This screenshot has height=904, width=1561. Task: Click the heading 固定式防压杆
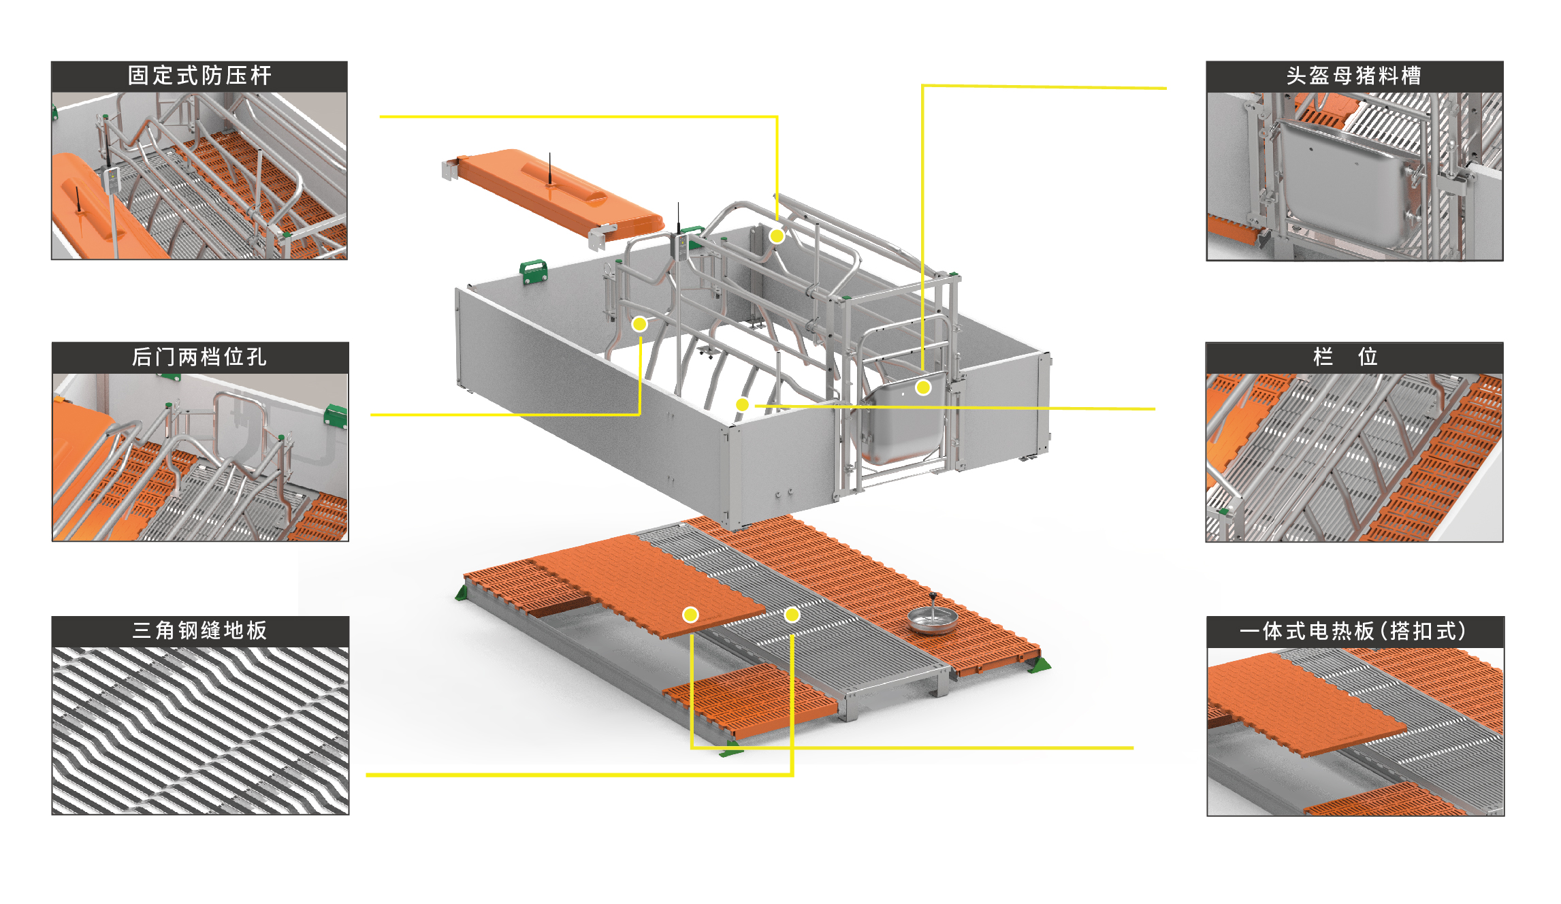(199, 76)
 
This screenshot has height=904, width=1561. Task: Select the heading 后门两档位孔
(199, 357)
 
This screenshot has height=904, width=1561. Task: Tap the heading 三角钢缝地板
(199, 630)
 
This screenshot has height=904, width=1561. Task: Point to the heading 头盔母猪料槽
(1354, 76)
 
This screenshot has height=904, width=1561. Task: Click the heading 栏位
(1345, 356)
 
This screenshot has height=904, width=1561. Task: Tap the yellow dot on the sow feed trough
(923, 387)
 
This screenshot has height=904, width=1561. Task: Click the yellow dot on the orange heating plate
(690, 615)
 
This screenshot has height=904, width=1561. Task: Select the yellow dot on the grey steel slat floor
(792, 615)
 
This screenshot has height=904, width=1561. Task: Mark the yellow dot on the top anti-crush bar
(777, 236)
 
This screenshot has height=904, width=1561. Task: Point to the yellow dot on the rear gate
(639, 323)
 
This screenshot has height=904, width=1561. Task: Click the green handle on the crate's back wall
(534, 271)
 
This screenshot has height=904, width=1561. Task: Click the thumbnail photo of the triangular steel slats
(200, 730)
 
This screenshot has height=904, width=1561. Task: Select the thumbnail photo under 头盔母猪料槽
(1355, 176)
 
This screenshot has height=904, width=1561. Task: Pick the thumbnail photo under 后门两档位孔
(200, 457)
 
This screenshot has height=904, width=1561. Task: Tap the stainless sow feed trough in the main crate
(904, 421)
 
